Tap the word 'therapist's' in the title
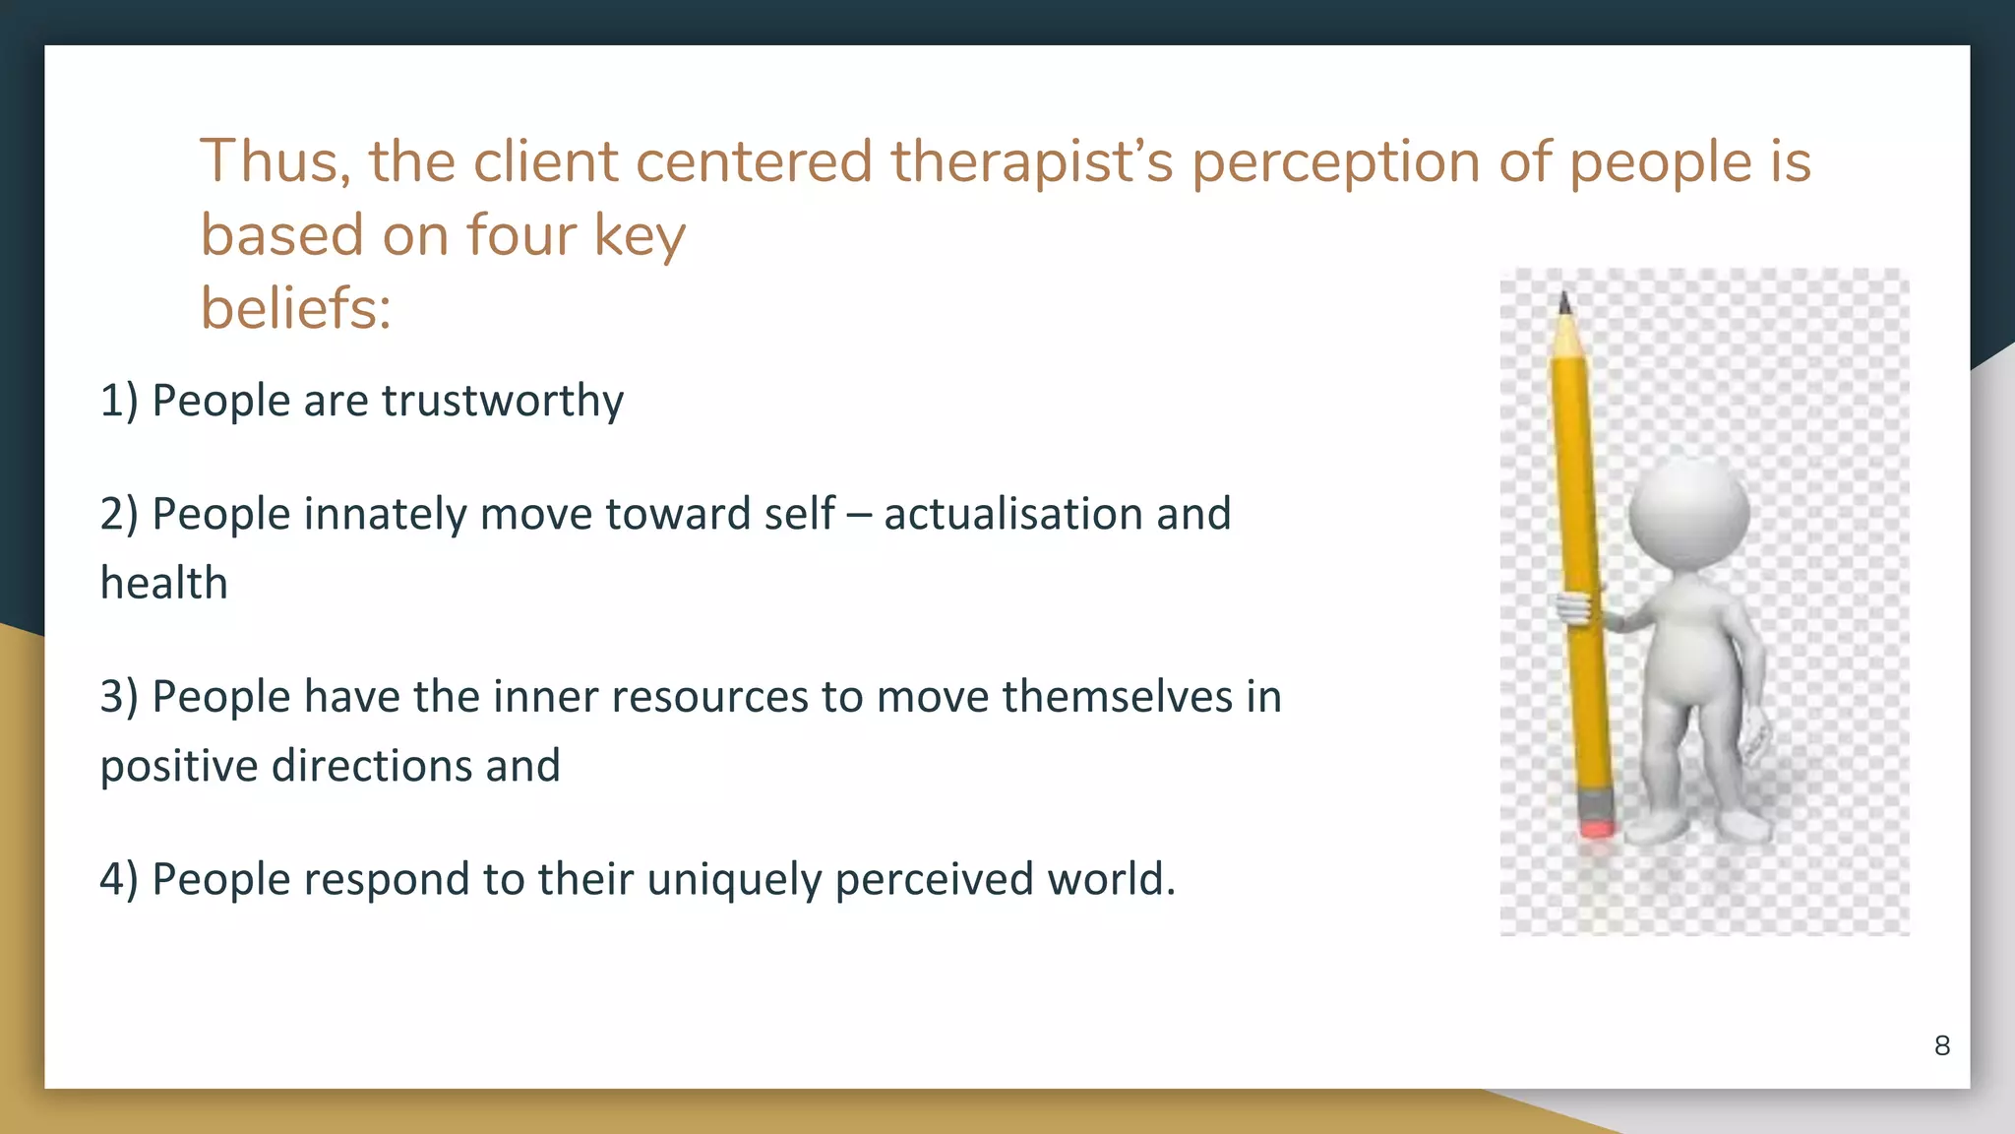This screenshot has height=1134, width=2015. pos(1032,161)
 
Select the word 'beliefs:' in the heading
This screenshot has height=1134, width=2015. pos(296,308)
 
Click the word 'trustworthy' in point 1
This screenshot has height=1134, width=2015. pos(503,401)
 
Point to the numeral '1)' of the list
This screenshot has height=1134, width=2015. pos(119,401)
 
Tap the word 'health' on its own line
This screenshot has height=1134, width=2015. pos(164,583)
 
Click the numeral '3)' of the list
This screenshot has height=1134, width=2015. pos(119,697)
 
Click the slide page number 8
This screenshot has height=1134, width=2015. pos(1941,1045)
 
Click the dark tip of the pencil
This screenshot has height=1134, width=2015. pos(1564,302)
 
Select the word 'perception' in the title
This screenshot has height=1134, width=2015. pos(1336,161)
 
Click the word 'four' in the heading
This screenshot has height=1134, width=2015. pos(520,235)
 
